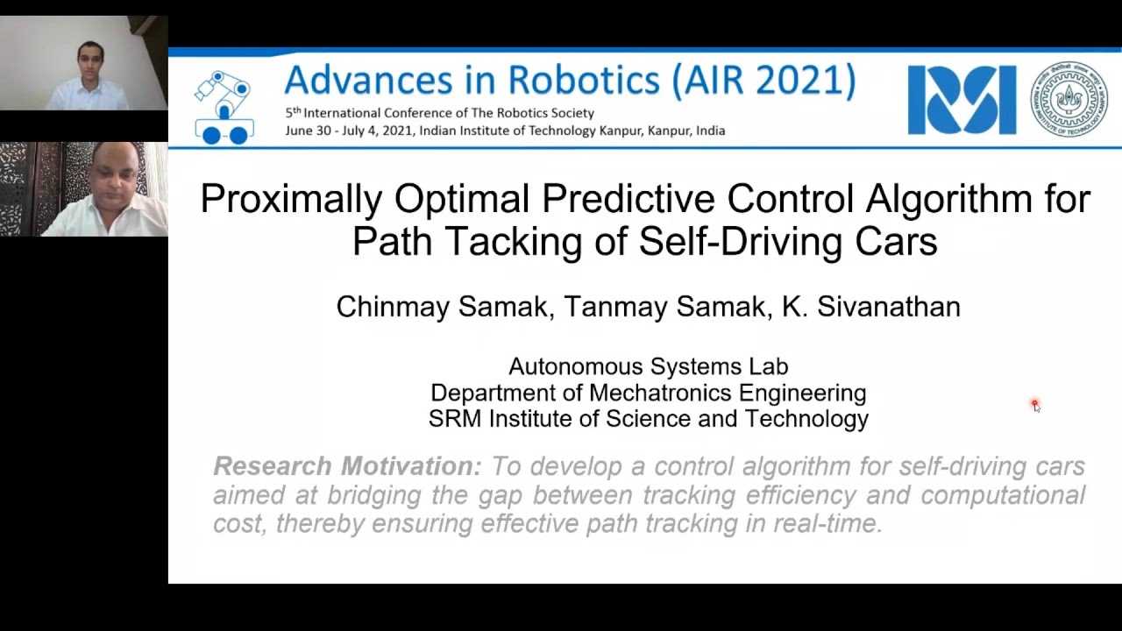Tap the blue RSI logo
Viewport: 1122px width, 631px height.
tap(962, 100)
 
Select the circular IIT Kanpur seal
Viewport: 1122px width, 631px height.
tap(1069, 99)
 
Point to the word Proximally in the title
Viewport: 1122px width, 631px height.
tap(291, 200)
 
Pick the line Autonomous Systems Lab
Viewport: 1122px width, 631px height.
tap(648, 366)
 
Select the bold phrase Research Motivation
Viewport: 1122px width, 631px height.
tap(347, 466)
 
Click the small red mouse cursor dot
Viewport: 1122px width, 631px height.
tap(1034, 404)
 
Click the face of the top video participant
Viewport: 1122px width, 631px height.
tap(89, 61)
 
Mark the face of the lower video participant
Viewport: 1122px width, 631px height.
tap(115, 179)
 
